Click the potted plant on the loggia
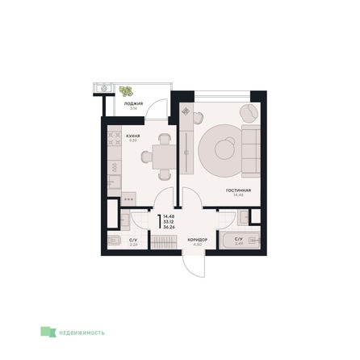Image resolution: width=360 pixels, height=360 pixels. click(x=125, y=91)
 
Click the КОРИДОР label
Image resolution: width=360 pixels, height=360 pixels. click(x=199, y=240)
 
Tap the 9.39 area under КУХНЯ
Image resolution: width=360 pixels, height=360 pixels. click(x=133, y=142)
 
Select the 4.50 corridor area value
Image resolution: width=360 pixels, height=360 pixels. click(x=199, y=245)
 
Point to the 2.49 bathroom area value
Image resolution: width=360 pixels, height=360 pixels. click(x=237, y=245)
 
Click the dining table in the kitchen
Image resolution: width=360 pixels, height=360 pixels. click(x=165, y=154)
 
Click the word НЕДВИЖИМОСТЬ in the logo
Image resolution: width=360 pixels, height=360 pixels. click(x=82, y=331)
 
